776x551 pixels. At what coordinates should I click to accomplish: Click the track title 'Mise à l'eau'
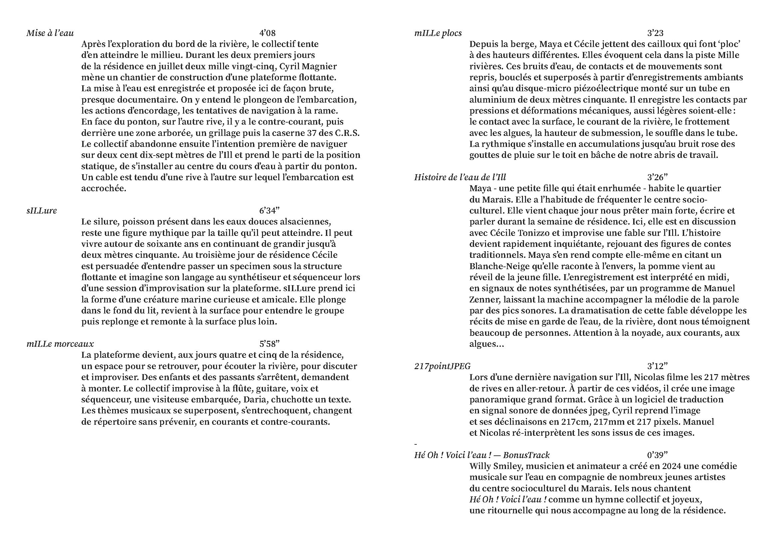point(50,33)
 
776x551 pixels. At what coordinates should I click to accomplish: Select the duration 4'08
point(267,33)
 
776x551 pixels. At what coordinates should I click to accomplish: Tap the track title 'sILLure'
point(42,211)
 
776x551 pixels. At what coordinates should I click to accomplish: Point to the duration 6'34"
point(269,211)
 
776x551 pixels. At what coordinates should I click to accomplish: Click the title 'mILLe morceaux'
point(60,344)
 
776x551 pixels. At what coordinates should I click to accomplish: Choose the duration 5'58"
point(269,344)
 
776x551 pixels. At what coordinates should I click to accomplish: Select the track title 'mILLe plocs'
point(438,33)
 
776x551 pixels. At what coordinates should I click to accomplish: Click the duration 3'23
point(655,33)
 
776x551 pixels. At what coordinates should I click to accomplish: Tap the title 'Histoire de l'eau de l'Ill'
point(460,178)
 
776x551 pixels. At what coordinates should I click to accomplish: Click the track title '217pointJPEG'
point(442,366)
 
